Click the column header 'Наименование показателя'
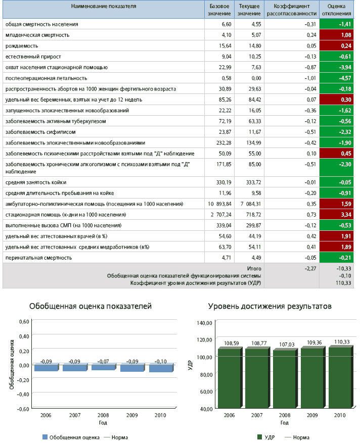tap(104, 6)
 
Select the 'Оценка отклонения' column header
tap(336, 10)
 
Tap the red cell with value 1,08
tap(337, 35)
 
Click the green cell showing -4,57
tap(337, 78)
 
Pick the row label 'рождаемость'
tap(22, 46)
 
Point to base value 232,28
tap(223, 142)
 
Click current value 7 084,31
tap(251, 204)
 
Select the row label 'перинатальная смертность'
tap(39, 258)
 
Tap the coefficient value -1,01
tap(310, 78)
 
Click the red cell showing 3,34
tap(337, 215)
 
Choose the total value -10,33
tap(344, 268)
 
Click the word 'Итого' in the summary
tap(254, 268)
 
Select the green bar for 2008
tap(285, 378)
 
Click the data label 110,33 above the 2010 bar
tap(342, 342)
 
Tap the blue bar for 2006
tap(47, 367)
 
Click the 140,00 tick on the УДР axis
tap(204, 323)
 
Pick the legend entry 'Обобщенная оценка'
tap(71, 437)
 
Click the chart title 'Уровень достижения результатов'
tap(270, 306)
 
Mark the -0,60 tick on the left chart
tap(23, 409)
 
